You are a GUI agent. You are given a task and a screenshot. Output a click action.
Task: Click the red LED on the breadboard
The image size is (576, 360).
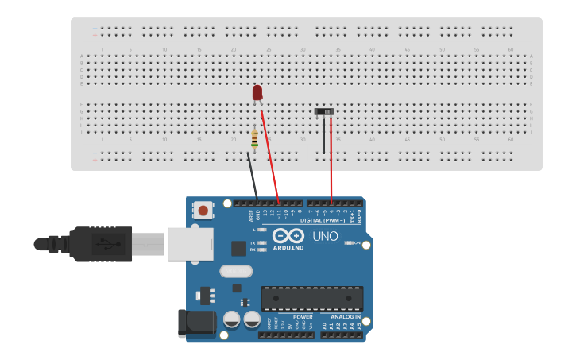(257, 93)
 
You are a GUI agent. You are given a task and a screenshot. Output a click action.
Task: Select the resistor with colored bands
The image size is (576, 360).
(254, 140)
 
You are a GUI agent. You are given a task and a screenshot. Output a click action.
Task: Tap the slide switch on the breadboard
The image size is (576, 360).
(324, 112)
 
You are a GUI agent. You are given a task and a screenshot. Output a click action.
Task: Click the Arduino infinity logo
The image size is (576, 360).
(288, 235)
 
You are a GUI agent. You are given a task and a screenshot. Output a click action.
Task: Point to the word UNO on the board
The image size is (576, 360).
(325, 236)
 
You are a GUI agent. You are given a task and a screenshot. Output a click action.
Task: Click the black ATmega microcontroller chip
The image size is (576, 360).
(312, 298)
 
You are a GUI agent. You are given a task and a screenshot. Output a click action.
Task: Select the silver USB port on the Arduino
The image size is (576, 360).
(189, 243)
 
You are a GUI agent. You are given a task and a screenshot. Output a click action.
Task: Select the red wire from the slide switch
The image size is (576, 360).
(331, 159)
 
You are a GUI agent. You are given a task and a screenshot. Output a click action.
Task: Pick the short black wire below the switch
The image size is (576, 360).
(323, 135)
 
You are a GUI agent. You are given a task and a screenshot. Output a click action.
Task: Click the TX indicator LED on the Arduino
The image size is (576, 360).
(261, 242)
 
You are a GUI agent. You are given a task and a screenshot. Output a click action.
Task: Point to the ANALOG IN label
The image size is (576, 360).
(346, 317)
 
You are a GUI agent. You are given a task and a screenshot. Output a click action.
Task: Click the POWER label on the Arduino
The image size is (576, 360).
(303, 317)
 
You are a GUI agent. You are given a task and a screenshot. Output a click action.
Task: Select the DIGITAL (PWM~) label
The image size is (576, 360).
(323, 219)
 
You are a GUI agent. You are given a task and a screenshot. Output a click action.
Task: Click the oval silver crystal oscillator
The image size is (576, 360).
(236, 271)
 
